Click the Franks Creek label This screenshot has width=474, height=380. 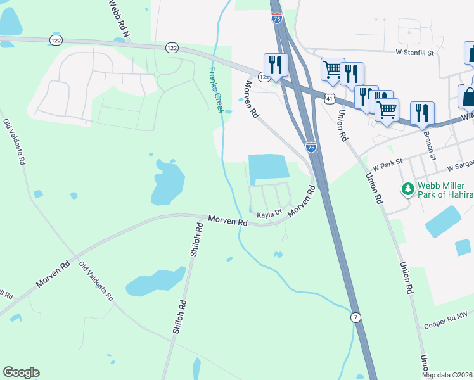[216, 91]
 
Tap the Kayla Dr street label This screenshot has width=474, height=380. [269, 215]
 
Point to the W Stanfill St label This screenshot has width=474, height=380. [415, 53]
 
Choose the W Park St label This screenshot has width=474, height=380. [388, 166]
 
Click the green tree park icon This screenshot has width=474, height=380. [407, 189]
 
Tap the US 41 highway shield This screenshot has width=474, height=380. [328, 98]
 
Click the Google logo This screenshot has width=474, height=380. [21, 372]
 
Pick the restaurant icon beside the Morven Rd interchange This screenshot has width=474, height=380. [276, 65]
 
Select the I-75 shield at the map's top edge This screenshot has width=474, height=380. [277, 18]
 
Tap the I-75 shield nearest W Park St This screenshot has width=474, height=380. [311, 147]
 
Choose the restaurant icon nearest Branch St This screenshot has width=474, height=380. [422, 113]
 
